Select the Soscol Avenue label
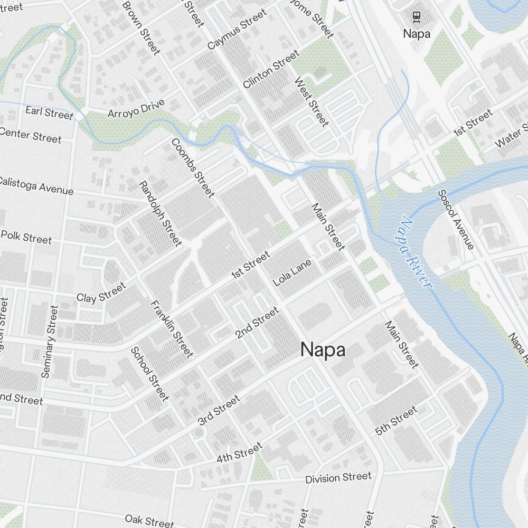click(x=456, y=219)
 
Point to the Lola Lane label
click(x=292, y=272)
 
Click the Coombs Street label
click(x=193, y=168)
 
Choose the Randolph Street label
click(x=160, y=213)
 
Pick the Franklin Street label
click(x=172, y=329)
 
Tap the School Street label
click(x=149, y=373)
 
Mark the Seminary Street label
click(x=49, y=342)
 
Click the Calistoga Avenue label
click(x=35, y=185)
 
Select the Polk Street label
click(x=26, y=237)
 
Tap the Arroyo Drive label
click(x=136, y=108)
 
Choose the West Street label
click(x=312, y=102)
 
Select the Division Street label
click(x=338, y=478)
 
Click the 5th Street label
click(x=396, y=420)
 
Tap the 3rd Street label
click(x=219, y=410)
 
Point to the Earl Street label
click(x=49, y=112)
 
